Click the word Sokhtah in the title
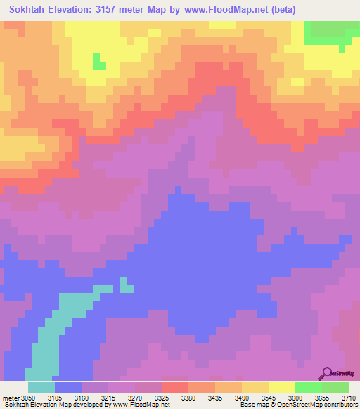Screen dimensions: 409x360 pyautogui.click(x=32, y=10)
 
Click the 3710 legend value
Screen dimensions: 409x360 pyautogui.click(x=349, y=398)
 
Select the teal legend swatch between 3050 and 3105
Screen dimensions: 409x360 pyautogui.click(x=41, y=387)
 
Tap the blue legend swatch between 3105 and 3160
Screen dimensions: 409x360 pyautogui.click(x=68, y=387)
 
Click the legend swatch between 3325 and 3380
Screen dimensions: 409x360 pyautogui.click(x=175, y=387)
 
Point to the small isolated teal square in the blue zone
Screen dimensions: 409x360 pyautogui.click(x=127, y=285)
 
